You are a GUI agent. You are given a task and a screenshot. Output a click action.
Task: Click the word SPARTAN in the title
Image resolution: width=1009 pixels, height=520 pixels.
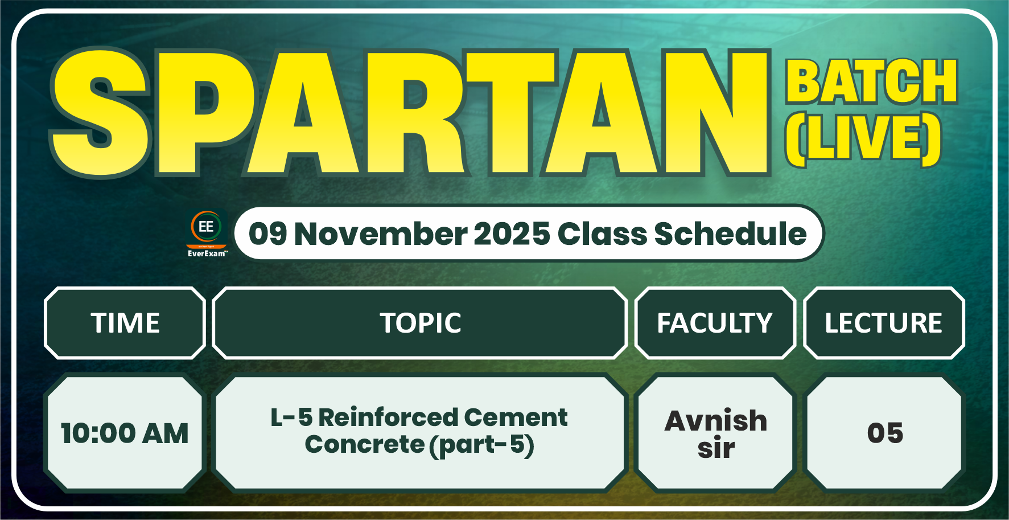point(410,114)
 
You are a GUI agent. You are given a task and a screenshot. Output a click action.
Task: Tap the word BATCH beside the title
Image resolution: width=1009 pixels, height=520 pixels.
point(871,83)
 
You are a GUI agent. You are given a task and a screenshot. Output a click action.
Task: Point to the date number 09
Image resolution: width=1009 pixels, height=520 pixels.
point(267,234)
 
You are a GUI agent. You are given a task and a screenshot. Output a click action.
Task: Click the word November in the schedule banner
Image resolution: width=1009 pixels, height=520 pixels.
point(380,234)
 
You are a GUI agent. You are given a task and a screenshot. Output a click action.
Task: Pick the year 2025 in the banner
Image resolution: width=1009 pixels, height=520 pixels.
point(512,234)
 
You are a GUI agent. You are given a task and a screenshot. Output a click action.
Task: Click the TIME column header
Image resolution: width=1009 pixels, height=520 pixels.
point(125,323)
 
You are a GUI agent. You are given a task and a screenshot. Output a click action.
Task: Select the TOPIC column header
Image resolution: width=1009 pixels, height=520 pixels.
point(421,323)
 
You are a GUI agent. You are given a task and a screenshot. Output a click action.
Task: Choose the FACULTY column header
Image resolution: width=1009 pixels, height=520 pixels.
point(715,323)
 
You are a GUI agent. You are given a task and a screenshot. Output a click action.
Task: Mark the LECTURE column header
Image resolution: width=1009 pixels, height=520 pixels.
point(884,323)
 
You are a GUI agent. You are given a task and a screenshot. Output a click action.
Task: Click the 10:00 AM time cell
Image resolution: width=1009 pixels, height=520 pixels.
point(125,433)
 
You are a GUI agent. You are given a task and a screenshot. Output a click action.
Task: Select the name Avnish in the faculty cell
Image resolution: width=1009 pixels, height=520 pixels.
point(716,421)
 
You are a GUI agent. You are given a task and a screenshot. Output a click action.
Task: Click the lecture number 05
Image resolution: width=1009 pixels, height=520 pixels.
point(885,433)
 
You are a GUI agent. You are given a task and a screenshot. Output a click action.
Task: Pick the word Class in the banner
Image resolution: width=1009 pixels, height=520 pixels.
point(602,234)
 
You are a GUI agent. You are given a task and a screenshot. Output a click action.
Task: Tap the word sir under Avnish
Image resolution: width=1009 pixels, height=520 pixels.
point(716,448)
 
